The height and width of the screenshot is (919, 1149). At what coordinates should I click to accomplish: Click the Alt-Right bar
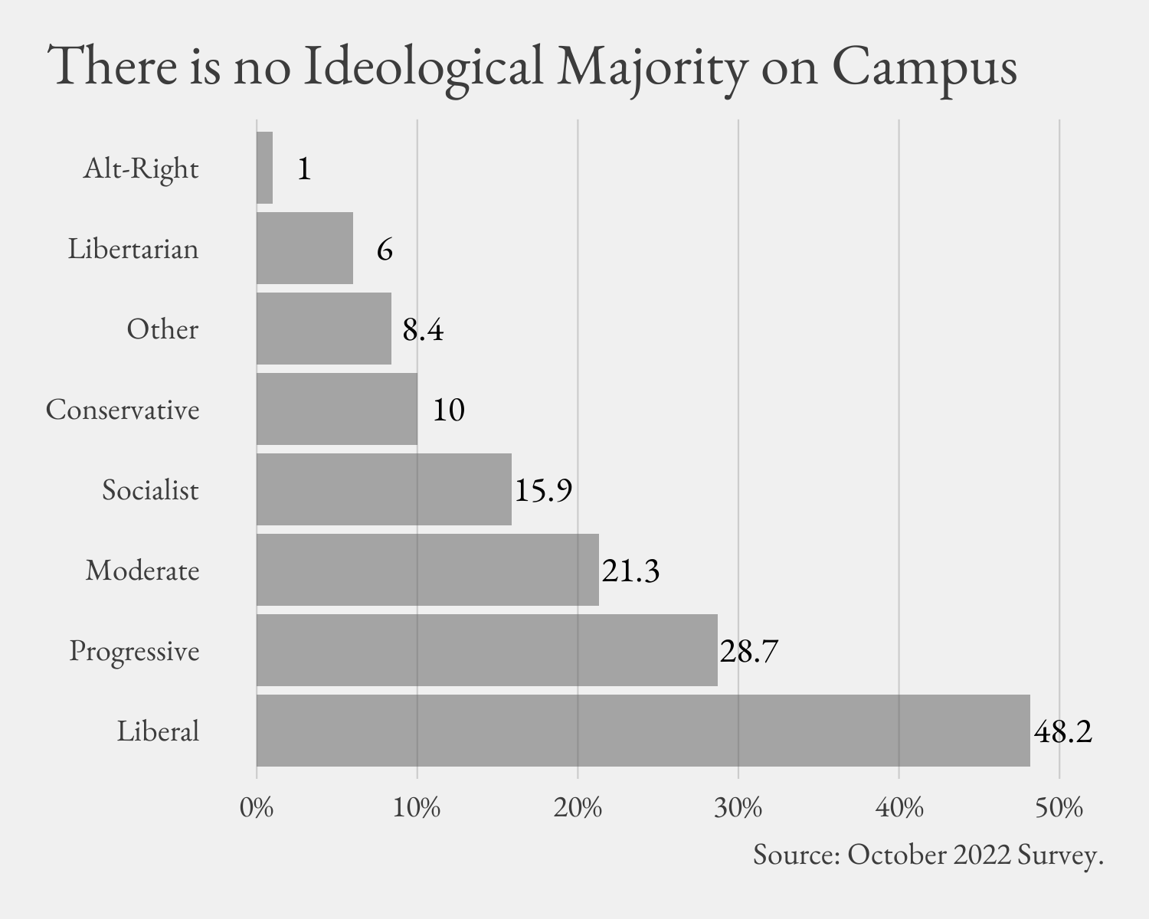coord(264,168)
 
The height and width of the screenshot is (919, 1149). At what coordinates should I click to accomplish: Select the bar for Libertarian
coord(305,248)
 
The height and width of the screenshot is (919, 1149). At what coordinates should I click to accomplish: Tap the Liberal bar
coord(643,731)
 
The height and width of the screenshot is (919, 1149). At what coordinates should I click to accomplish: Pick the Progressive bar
coord(486,650)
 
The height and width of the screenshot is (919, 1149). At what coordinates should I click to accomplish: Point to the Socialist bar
coord(384,489)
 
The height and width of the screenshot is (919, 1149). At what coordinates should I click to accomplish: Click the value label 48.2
coord(1062,732)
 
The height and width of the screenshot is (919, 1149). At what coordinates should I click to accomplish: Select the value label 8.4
coord(423,330)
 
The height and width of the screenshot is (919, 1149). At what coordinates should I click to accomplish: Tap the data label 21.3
coord(630,571)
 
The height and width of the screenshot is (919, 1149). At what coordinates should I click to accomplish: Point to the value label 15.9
coord(543,491)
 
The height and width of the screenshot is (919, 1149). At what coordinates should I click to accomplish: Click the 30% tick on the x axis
coord(738,809)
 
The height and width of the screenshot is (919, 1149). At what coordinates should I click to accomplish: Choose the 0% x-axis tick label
coord(257,809)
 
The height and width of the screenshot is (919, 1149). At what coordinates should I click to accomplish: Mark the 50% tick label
coord(1059,809)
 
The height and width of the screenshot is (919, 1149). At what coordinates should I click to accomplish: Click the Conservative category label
coord(123,410)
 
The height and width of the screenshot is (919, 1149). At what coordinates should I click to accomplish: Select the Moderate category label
coord(142,571)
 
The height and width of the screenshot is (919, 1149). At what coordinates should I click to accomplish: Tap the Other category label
coord(162,329)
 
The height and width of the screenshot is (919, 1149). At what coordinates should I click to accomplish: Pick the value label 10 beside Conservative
coord(449,410)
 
